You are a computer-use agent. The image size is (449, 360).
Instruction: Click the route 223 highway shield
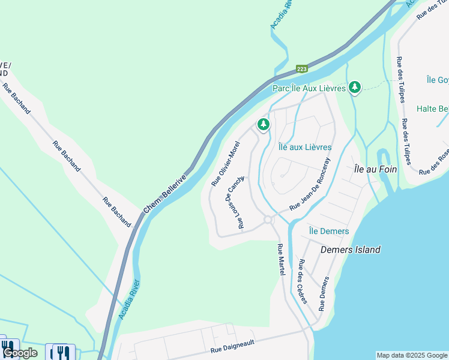pyautogui.click(x=302, y=69)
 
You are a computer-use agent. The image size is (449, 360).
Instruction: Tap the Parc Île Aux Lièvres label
pyautogui.click(x=309, y=88)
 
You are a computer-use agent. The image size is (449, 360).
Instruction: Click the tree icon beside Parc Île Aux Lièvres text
pyautogui.click(x=355, y=88)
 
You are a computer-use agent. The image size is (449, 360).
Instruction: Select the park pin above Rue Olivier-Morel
pyautogui.click(x=263, y=125)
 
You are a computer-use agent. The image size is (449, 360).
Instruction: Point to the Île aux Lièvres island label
pyautogui.click(x=305, y=146)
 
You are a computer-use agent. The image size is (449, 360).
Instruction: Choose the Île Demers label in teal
pyautogui.click(x=328, y=231)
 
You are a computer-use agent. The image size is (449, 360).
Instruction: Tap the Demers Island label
pyautogui.click(x=351, y=250)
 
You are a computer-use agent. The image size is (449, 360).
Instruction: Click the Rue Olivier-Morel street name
pyautogui.click(x=226, y=163)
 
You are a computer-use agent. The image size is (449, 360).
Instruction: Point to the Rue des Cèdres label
pyautogui.click(x=303, y=281)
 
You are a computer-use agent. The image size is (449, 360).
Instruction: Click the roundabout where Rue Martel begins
pyautogui.click(x=268, y=220)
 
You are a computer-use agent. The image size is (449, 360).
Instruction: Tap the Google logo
pyautogui.click(x=20, y=353)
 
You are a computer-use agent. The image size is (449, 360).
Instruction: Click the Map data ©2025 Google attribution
pyautogui.click(x=412, y=355)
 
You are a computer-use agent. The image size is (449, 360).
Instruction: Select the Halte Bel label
pyautogui.click(x=433, y=109)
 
